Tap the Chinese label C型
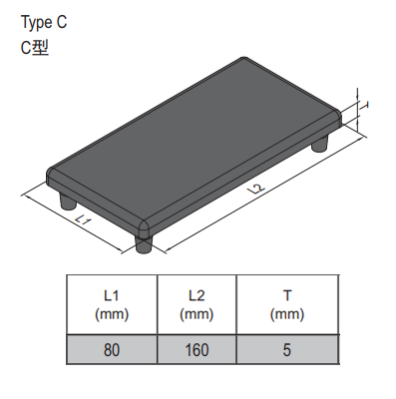(35, 48)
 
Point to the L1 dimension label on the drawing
(83, 220)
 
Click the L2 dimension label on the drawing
(256, 189)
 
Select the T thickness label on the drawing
(365, 106)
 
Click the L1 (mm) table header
(112, 304)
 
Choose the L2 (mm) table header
(197, 304)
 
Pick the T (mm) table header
(287, 304)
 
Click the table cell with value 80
(112, 349)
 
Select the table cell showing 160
(197, 349)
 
